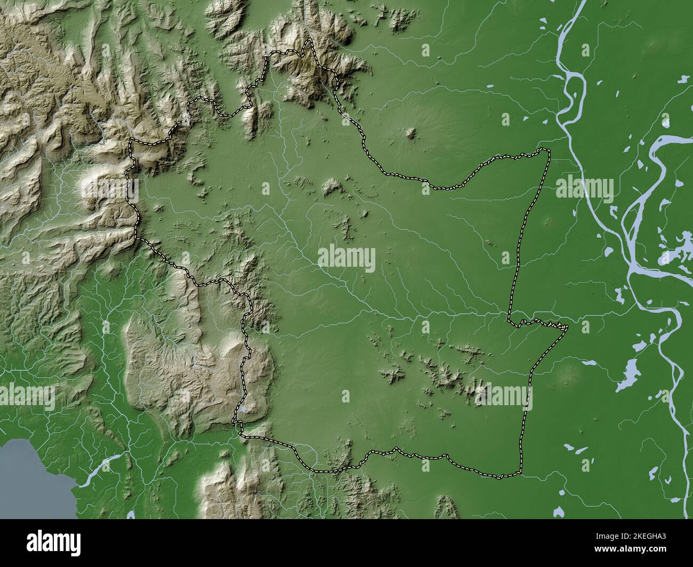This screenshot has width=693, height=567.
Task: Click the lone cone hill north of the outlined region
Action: click(x=410, y=133)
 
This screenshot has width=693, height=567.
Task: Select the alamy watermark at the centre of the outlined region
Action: click(x=346, y=259)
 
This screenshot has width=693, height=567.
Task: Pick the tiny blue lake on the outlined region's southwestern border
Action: click(x=243, y=410)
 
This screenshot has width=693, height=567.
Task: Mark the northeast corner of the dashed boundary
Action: click(x=547, y=150)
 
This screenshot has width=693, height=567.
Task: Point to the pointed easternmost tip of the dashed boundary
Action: click(x=567, y=327)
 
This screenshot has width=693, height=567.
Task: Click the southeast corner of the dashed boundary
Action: click(x=520, y=472)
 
